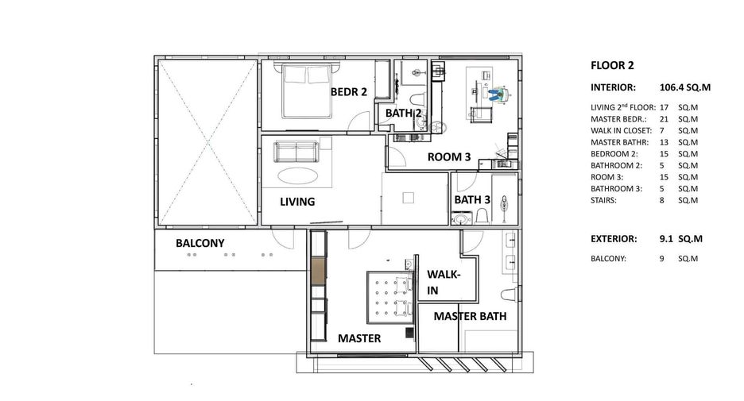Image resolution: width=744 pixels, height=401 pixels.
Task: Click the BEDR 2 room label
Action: coord(349,92)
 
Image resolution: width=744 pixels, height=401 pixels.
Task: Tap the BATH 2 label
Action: coord(403,114)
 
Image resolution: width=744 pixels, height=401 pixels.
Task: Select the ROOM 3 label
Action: coord(449,157)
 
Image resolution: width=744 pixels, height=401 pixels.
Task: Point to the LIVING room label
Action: coord(297,202)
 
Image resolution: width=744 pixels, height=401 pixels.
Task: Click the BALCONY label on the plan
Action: coord(200,243)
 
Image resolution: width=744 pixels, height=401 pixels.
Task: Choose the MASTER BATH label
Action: coord(471,316)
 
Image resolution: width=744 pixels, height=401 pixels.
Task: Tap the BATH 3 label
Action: coord(472,200)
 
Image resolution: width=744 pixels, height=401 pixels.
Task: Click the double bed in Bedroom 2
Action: coord(307,91)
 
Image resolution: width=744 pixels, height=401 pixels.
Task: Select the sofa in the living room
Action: coord(296,152)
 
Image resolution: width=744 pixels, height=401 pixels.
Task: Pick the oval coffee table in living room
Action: coord(298,175)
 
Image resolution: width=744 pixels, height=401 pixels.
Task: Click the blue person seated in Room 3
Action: coord(498,94)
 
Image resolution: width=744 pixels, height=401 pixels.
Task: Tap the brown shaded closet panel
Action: coord(319,271)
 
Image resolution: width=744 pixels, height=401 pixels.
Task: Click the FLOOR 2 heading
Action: coord(612,65)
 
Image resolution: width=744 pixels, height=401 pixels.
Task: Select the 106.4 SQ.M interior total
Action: coord(684,87)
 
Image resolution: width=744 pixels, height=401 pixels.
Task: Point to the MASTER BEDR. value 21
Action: coord(664,119)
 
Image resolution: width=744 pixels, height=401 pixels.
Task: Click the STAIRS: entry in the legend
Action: coord(603,200)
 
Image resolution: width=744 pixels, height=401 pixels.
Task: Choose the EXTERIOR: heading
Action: coord(614,239)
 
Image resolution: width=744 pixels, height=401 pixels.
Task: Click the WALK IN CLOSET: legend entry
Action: coord(621,131)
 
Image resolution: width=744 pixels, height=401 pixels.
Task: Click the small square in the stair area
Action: coord(408,198)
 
